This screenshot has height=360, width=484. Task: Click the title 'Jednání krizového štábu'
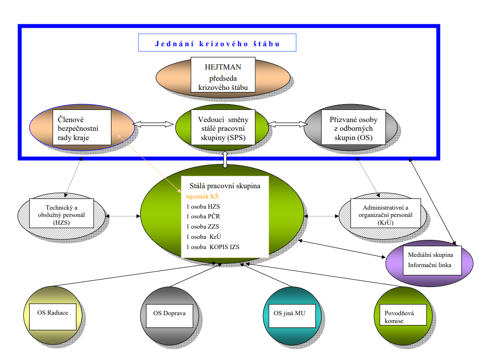tap(217, 43)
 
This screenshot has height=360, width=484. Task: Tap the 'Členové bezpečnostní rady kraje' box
tap(82, 126)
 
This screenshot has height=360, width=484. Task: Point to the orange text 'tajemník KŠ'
tap(203, 197)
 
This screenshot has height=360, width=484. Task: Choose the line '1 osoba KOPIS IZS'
tap(213, 247)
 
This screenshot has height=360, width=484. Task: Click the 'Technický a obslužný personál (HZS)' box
tap(62, 213)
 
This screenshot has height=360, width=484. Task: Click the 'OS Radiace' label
tap(53, 312)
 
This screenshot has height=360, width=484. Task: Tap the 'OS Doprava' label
tap(169, 313)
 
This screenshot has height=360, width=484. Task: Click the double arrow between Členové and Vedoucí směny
tap(154, 124)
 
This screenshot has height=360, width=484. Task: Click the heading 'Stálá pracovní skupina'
tap(221, 186)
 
